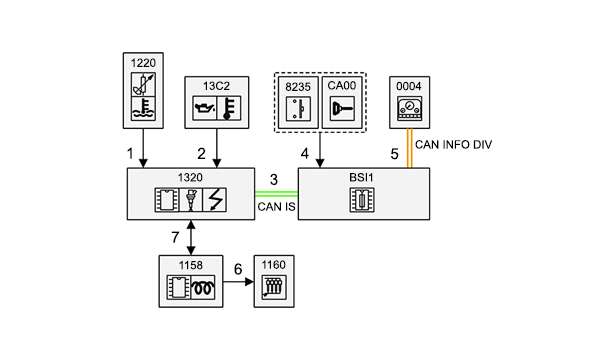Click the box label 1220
pos(143,63)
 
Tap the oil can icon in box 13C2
pos(204,108)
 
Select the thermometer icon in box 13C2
pos(229,108)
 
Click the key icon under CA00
pos(342,109)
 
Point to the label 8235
pos(298,87)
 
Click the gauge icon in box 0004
pos(409,109)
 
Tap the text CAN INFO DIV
pos(453,145)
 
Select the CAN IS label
pos(276,207)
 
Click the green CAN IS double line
pos(276,194)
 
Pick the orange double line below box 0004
pos(409,148)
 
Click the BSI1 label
pos(361,178)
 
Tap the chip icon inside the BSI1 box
pos(362,200)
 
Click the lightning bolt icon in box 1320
pos(215,200)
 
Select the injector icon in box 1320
pos(191,200)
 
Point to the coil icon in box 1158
pos(203,287)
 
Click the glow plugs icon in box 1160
pos(274,287)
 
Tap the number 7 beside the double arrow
pos(175,237)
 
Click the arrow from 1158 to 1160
pos(238,282)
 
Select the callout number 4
pos(305,154)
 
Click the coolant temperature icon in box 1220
pos(143,109)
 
